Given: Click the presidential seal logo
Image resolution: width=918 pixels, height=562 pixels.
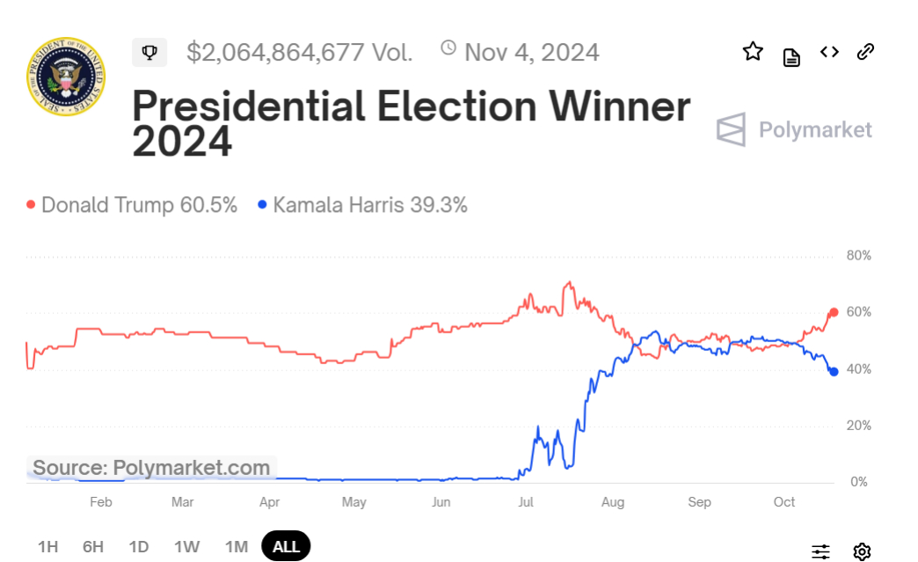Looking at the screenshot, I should coord(66,77).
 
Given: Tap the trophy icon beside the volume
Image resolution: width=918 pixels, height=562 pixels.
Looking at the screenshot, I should coord(149,53).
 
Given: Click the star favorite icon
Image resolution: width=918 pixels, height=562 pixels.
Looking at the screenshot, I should coord(753,52).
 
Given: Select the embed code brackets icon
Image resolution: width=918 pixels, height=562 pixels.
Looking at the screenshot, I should coord(829,52).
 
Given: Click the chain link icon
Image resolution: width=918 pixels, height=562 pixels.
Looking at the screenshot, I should coord(865,52).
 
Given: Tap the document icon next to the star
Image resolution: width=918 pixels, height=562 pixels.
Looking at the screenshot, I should coord(791,58).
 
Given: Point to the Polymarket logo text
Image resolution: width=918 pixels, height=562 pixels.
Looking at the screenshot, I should coord(814,130).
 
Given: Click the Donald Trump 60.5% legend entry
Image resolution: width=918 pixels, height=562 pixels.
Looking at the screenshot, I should coord(132,205).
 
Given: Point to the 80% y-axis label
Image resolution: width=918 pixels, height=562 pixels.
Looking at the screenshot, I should coord(858,256).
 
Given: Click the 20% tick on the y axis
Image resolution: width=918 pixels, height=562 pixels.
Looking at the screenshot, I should coord(858,426).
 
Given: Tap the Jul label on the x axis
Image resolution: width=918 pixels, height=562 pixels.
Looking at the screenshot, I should coord(526,502).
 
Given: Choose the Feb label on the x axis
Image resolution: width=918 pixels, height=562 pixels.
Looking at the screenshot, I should coord(101,502).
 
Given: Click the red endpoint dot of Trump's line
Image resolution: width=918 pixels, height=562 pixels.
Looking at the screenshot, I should coord(834,312).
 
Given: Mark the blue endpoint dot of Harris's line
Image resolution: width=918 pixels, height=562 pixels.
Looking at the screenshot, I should coord(834,372).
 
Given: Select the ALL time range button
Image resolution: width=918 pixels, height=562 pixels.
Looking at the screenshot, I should coord(286,546).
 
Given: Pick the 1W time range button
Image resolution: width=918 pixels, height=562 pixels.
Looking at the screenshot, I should coord(186,546).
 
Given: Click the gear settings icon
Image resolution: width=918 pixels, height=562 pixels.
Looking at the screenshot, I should coord(862,551).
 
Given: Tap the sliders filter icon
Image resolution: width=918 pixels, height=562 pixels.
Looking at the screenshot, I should coord(820,551).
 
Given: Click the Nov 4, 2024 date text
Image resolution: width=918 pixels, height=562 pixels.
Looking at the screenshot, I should coord(531,53).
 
